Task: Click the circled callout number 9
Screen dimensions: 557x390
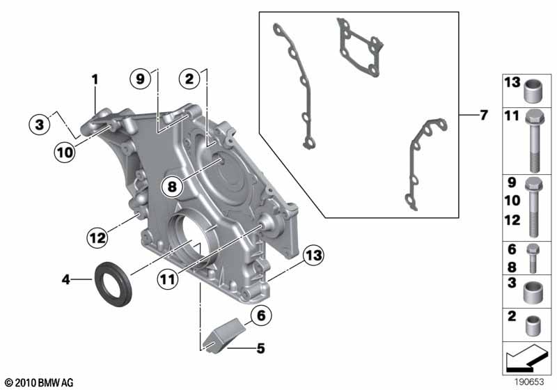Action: coord(141,79)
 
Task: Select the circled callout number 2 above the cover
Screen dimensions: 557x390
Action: coord(189,79)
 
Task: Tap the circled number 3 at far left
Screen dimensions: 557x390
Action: coord(40,125)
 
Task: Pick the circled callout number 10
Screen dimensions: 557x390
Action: coord(65,153)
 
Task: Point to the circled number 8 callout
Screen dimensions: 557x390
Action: coord(172,186)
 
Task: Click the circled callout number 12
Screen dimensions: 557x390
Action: coord(97,237)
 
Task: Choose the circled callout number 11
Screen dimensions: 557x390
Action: coord(168,279)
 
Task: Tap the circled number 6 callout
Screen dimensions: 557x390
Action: coord(261,315)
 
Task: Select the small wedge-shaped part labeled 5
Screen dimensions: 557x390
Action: coord(223,335)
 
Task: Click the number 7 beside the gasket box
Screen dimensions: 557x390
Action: coord(483,115)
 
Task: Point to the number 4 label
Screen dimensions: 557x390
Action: coord(65,279)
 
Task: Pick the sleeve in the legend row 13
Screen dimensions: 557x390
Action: coord(533,91)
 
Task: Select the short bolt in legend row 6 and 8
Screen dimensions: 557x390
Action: coord(533,258)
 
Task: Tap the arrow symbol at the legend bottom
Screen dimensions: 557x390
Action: coord(526,358)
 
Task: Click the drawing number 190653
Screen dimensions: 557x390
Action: coord(529,382)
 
